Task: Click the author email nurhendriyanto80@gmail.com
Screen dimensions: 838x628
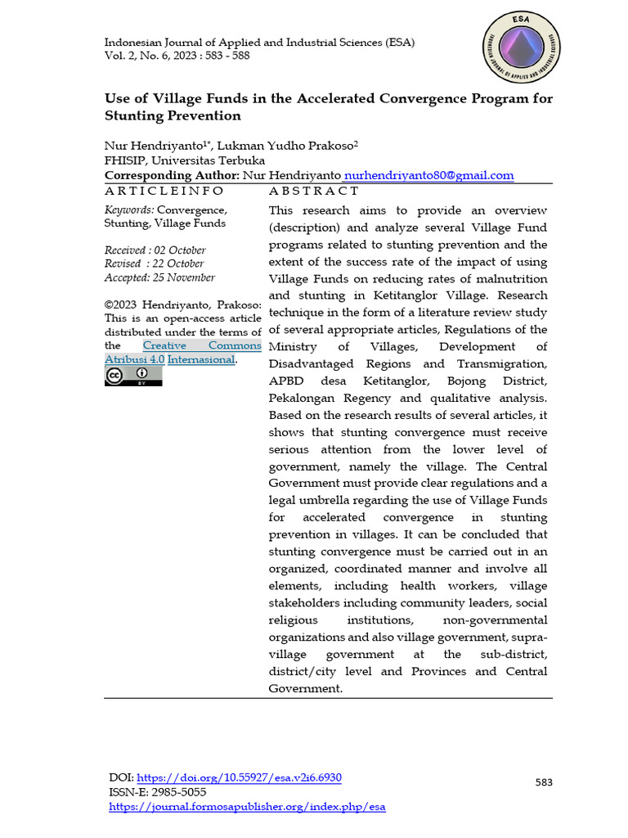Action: (429, 175)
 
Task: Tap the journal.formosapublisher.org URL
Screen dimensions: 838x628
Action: (247, 807)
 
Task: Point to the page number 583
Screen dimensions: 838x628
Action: (544, 782)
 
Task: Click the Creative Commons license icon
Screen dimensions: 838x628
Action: (133, 375)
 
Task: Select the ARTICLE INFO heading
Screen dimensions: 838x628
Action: (164, 191)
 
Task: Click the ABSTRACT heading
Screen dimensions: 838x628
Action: (314, 191)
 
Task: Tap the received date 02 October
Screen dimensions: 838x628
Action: (177, 250)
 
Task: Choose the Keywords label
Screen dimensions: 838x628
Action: (129, 209)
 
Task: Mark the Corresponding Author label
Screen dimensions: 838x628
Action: (172, 175)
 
